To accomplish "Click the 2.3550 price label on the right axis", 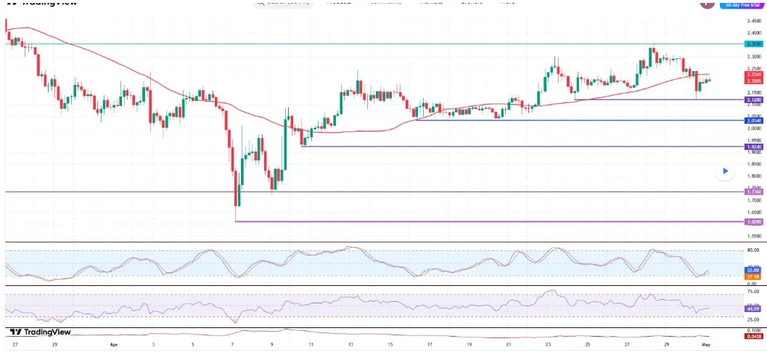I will pyautogui.click(x=753, y=44).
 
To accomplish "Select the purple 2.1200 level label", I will pyautogui.click(x=753, y=99).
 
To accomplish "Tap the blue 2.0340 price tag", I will pyautogui.click(x=753, y=120).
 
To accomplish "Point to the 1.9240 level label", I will pyautogui.click(x=753, y=147).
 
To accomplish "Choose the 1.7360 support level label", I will pyautogui.click(x=753, y=192).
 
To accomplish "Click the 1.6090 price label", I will pyautogui.click(x=753, y=221).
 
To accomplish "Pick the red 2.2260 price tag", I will pyautogui.click(x=753, y=74).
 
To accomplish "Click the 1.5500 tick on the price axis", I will pyautogui.click(x=753, y=236).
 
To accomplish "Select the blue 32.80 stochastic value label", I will pyautogui.click(x=753, y=269).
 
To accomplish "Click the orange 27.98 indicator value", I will pyautogui.click(x=753, y=276).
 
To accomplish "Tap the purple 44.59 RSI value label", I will pyautogui.click(x=753, y=308).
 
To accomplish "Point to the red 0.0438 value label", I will pyautogui.click(x=753, y=336).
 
